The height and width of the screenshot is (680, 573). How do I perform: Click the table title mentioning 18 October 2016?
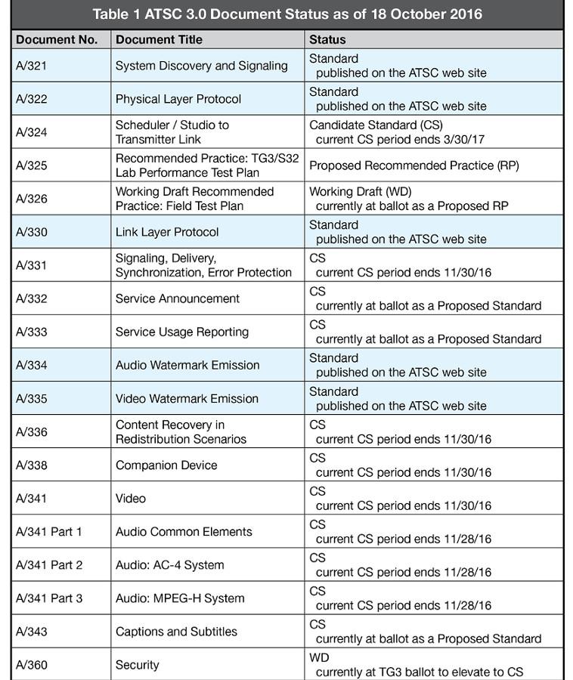point(286,14)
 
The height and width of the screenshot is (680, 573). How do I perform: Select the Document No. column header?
point(57,39)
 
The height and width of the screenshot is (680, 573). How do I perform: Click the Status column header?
point(327,39)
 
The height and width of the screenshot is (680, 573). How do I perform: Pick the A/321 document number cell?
point(32,66)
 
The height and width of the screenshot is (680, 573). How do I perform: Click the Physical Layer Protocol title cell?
point(178,99)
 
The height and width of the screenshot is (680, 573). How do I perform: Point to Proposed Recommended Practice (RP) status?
point(413,165)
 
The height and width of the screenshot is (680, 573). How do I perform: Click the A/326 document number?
point(32,199)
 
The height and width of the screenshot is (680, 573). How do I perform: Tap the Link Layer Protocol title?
point(167,232)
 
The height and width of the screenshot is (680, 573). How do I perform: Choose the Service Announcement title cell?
point(178,298)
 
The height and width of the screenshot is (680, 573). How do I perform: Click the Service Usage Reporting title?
point(181,332)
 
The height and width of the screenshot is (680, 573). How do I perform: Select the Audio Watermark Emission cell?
point(187,365)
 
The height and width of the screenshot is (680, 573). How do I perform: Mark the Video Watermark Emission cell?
point(187,398)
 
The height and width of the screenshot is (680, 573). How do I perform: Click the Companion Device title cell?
point(166,465)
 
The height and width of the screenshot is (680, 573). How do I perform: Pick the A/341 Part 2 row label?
point(49,565)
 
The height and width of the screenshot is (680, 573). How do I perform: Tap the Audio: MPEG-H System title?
point(180,598)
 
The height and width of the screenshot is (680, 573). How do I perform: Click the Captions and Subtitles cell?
point(176,632)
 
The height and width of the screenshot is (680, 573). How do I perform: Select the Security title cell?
point(138,665)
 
